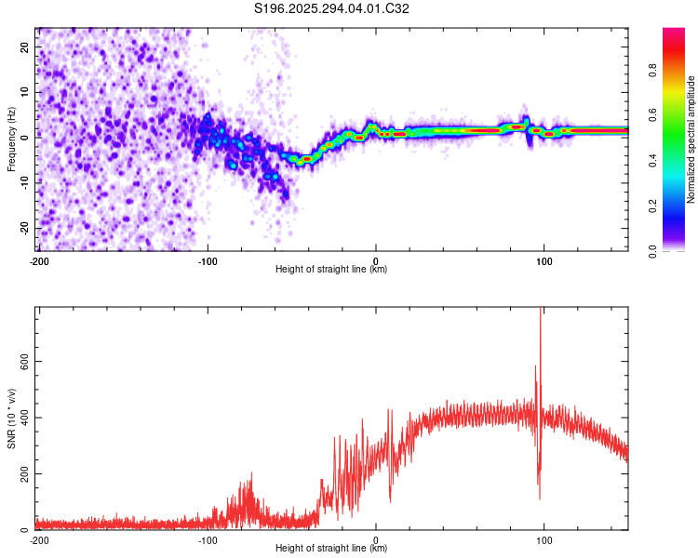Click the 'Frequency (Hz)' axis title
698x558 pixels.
pyautogui.click(x=11, y=139)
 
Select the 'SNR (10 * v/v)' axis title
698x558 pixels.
pyautogui.click(x=11, y=418)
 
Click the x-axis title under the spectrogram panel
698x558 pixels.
pyautogui.click(x=331, y=269)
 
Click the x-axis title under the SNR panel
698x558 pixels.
pyautogui.click(x=331, y=548)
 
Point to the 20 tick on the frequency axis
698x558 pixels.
pyautogui.click(x=25, y=46)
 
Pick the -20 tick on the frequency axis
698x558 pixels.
pyautogui.click(x=23, y=228)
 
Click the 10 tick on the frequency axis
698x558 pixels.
pyautogui.click(x=25, y=92)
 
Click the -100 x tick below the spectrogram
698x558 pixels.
pyautogui.click(x=207, y=259)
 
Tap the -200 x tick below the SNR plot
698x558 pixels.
pyautogui.click(x=38, y=538)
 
